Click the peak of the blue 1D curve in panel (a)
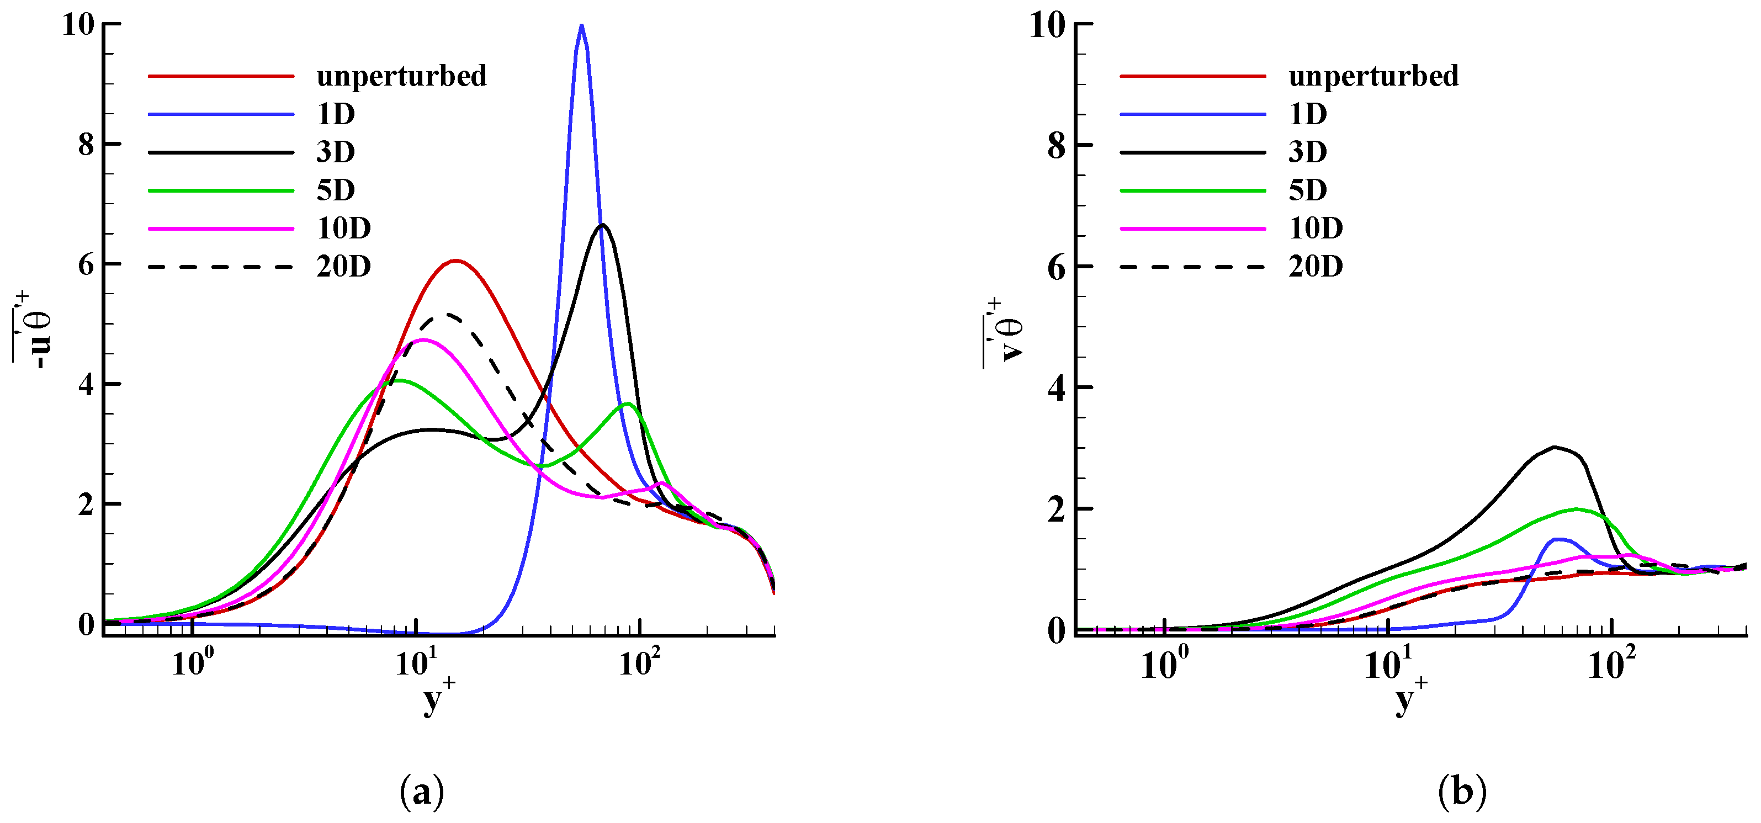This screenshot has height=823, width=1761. [x=581, y=26]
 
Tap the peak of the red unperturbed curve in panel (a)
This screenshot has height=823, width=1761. [x=456, y=261]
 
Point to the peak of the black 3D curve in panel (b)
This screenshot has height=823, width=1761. [x=1555, y=447]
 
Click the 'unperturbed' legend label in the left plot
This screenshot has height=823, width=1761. [x=401, y=76]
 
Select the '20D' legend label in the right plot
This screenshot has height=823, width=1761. [x=1316, y=266]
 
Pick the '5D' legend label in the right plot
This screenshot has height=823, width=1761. [x=1307, y=190]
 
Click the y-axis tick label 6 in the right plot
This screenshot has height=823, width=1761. [x=1056, y=267]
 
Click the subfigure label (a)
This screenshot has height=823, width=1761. [x=422, y=792]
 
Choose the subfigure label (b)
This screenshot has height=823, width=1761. [x=1462, y=792]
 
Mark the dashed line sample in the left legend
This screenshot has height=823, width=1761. [x=221, y=267]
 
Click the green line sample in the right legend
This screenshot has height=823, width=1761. [x=1193, y=190]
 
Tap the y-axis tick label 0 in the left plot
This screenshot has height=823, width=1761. [x=87, y=624]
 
